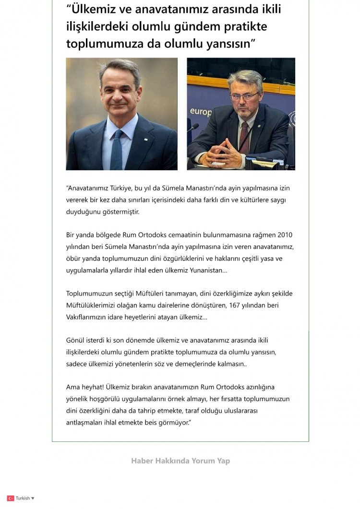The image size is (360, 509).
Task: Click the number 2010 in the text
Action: click(284, 235)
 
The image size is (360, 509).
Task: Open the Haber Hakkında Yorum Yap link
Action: click(180, 461)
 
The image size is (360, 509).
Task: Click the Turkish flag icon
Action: click(11, 498)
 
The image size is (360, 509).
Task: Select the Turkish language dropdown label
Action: click(23, 498)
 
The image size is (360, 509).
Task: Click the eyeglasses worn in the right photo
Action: click(244, 96)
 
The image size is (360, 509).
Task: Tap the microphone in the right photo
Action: click(193, 127)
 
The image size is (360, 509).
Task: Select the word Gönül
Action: click(75, 341)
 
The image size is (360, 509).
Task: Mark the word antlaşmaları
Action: click(85, 423)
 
